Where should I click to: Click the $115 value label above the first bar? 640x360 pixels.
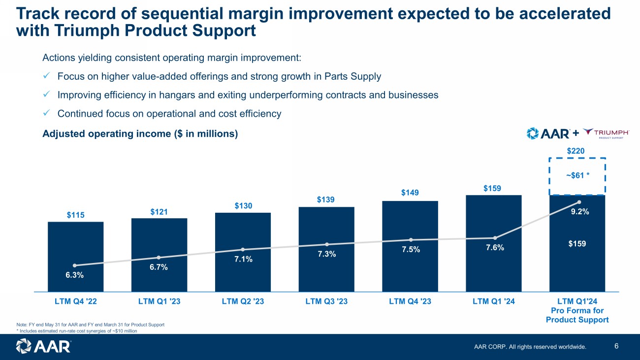[x=75, y=215]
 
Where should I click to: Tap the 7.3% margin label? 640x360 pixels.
[x=326, y=254]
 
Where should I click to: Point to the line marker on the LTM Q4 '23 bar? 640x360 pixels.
[x=410, y=240]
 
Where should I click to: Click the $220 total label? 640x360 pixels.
[x=576, y=151]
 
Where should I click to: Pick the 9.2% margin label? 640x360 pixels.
[x=580, y=212]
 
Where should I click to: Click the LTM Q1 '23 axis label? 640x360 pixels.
[x=159, y=302]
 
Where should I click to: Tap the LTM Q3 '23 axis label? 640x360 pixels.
[x=326, y=302]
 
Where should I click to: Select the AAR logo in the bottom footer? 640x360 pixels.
[x=43, y=346]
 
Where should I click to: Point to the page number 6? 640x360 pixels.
[x=617, y=346]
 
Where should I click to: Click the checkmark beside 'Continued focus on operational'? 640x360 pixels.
[x=46, y=113]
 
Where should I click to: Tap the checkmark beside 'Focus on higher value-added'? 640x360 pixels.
[x=46, y=76]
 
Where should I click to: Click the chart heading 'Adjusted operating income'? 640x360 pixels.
[x=140, y=133]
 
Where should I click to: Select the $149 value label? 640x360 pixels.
[x=410, y=193]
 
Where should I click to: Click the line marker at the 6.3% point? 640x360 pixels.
[x=75, y=265]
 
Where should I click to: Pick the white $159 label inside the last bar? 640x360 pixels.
[x=577, y=243]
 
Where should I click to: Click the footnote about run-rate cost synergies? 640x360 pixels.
[x=77, y=331]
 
